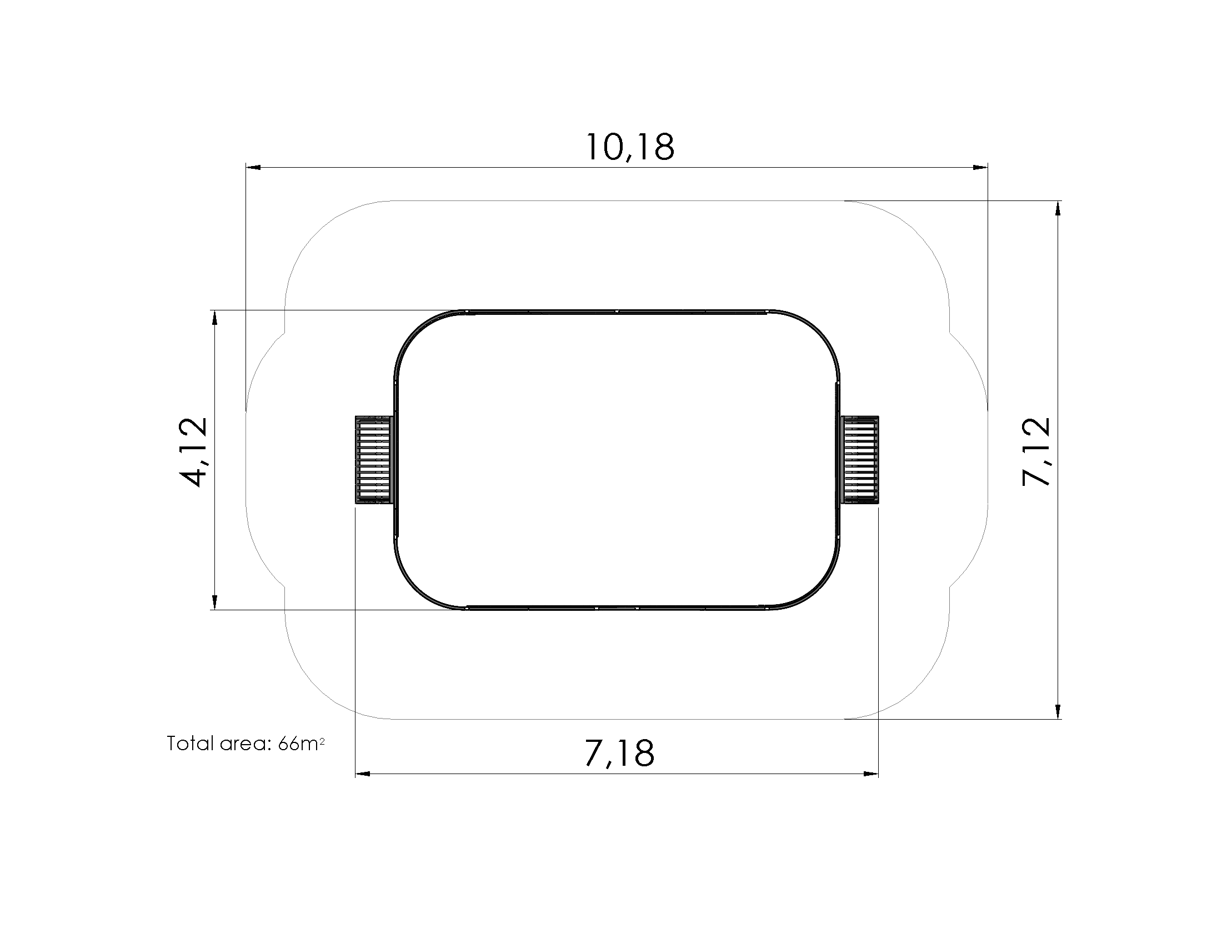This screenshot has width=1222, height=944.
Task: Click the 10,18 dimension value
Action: point(630,148)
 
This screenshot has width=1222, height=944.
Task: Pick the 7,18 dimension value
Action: point(619,754)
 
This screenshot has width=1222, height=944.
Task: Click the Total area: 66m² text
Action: point(246,744)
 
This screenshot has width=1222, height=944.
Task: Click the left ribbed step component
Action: point(374,460)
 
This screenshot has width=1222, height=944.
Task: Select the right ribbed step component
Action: point(860,460)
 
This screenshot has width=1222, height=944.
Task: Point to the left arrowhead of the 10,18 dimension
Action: point(253,167)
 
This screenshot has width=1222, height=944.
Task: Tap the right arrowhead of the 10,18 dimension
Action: point(980,167)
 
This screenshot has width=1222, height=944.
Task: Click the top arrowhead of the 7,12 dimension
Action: point(1058,208)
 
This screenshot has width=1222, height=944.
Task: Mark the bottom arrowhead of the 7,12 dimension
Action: point(1058,711)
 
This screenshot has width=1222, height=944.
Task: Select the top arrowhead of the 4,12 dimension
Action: point(214,318)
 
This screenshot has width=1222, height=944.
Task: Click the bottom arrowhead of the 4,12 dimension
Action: point(214,602)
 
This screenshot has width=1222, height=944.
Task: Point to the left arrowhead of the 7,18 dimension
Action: point(363,774)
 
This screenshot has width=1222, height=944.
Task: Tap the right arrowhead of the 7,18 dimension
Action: point(871,774)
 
